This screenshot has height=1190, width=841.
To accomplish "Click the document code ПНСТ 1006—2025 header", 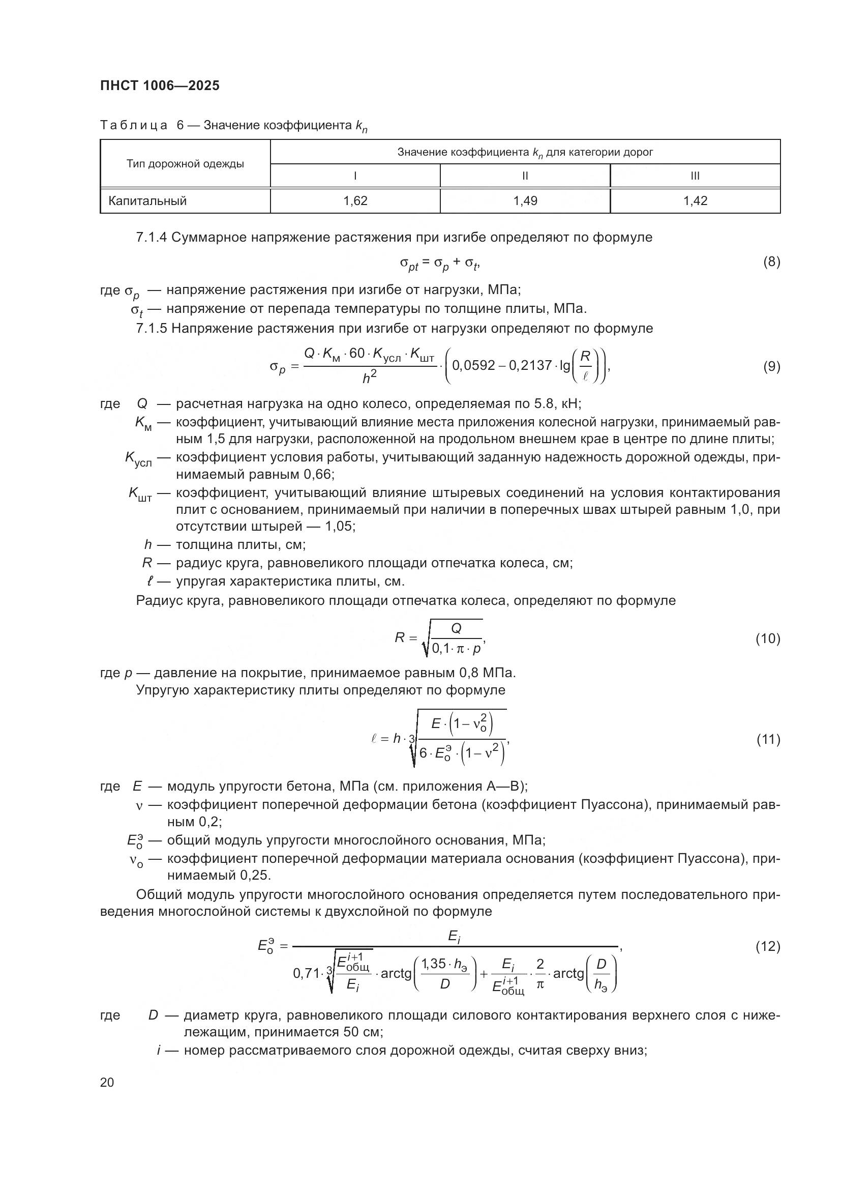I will tap(160, 85).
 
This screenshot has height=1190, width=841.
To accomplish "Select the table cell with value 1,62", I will tap(355, 201).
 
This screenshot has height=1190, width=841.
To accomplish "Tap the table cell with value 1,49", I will tap(525, 201).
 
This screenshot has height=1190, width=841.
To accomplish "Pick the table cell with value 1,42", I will tap(695, 201).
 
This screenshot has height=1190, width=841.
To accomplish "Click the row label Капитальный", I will tap(147, 201).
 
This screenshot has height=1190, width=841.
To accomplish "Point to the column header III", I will tap(695, 176).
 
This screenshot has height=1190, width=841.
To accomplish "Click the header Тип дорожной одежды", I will tap(185, 164).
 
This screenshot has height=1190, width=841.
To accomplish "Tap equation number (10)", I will tap(767, 639).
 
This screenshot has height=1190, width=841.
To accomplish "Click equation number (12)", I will tap(767, 947).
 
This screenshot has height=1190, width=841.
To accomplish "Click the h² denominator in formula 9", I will tap(369, 379).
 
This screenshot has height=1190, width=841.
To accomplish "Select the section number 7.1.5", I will tap(151, 329).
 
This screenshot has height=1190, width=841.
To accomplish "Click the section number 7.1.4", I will tap(151, 238).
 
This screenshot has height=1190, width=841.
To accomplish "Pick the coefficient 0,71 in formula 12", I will tap(306, 974).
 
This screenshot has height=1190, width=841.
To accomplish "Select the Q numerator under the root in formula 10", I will tap(456, 629).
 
